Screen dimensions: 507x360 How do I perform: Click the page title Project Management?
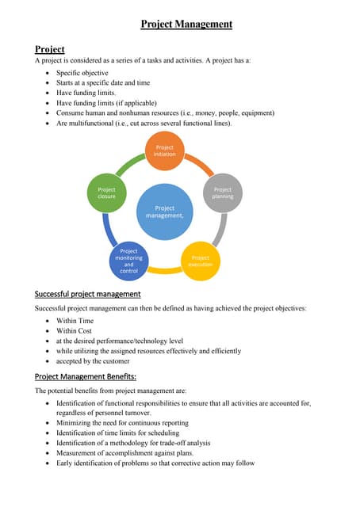(186, 25)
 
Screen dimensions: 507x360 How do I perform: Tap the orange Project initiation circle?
(165, 151)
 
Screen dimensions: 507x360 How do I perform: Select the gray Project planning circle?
(223, 193)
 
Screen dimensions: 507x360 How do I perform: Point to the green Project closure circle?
(106, 193)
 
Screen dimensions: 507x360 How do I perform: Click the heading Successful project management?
(88, 294)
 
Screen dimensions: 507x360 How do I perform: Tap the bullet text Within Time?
(75, 321)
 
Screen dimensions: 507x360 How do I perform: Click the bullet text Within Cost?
(75, 330)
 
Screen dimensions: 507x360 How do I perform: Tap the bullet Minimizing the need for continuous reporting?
(133, 423)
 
